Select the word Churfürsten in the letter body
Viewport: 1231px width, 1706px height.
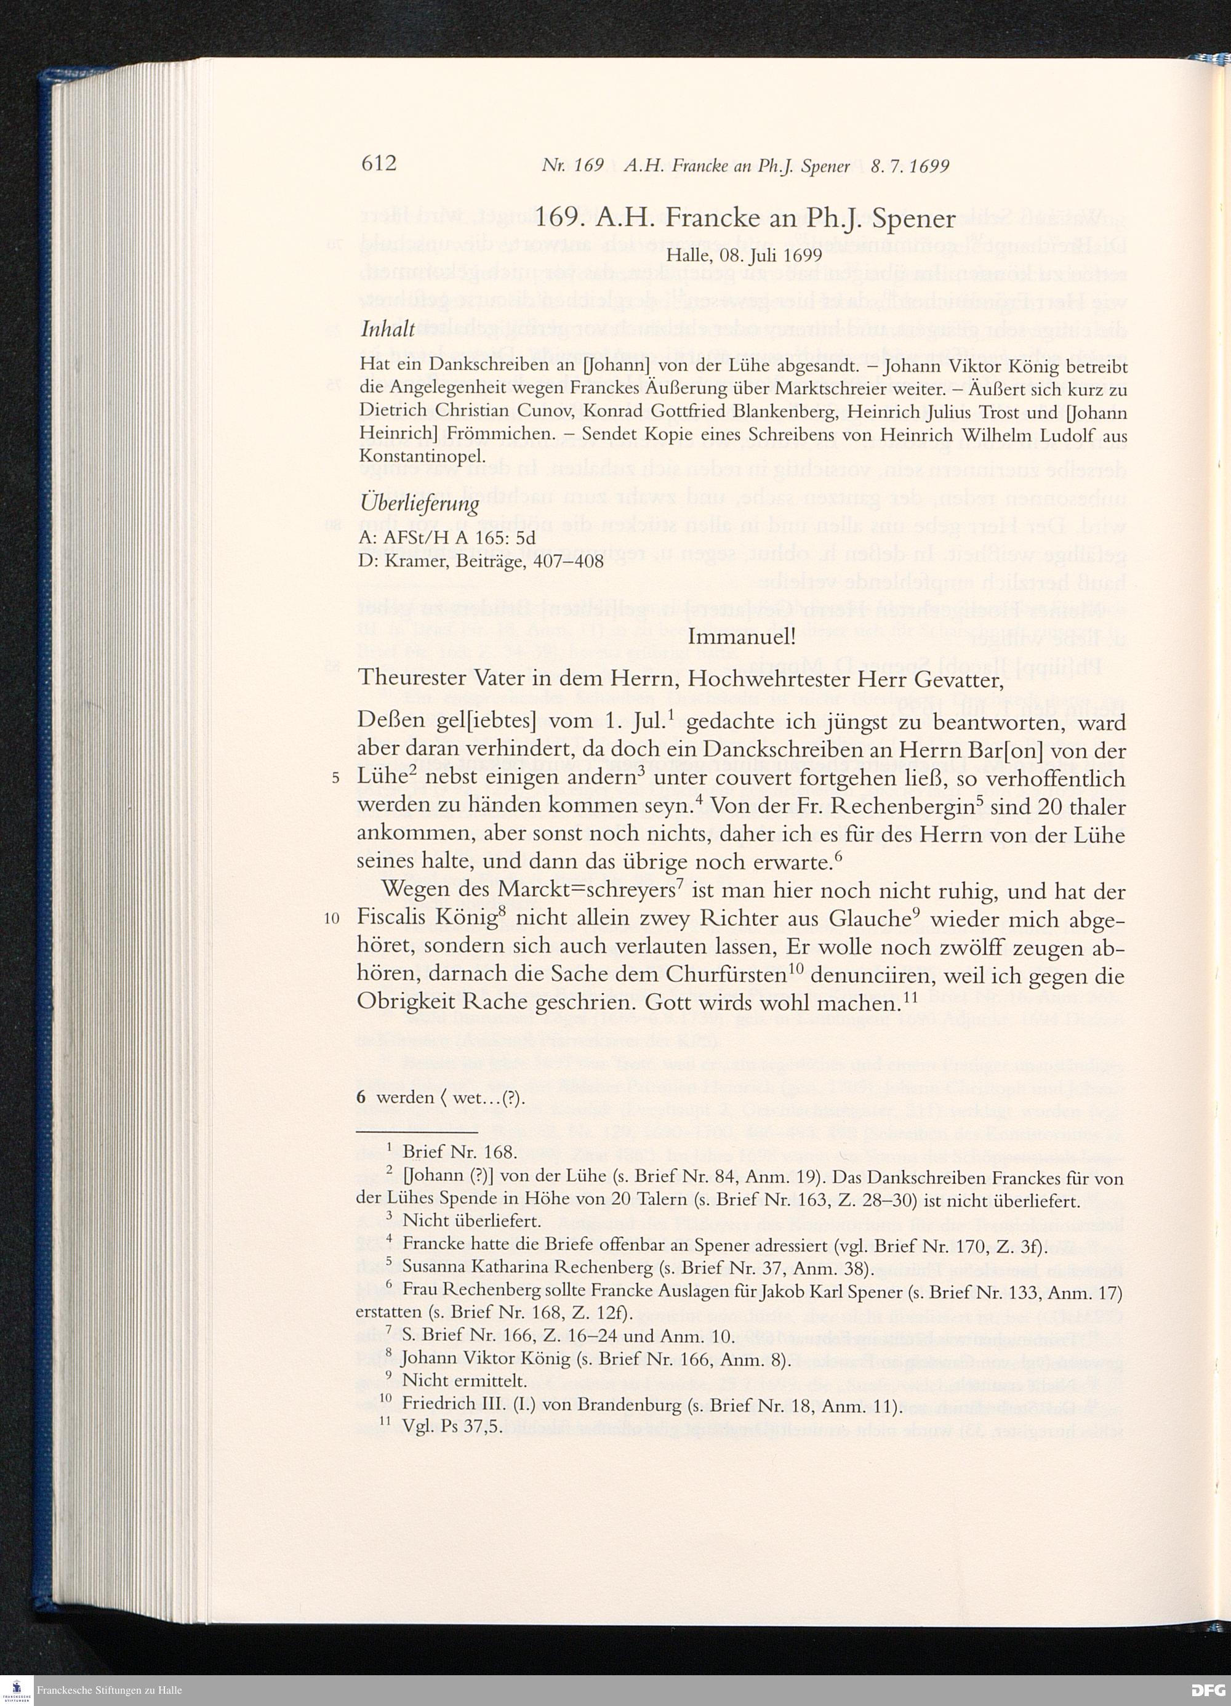[x=722, y=976]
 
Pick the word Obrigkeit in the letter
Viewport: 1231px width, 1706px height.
[x=404, y=1004]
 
